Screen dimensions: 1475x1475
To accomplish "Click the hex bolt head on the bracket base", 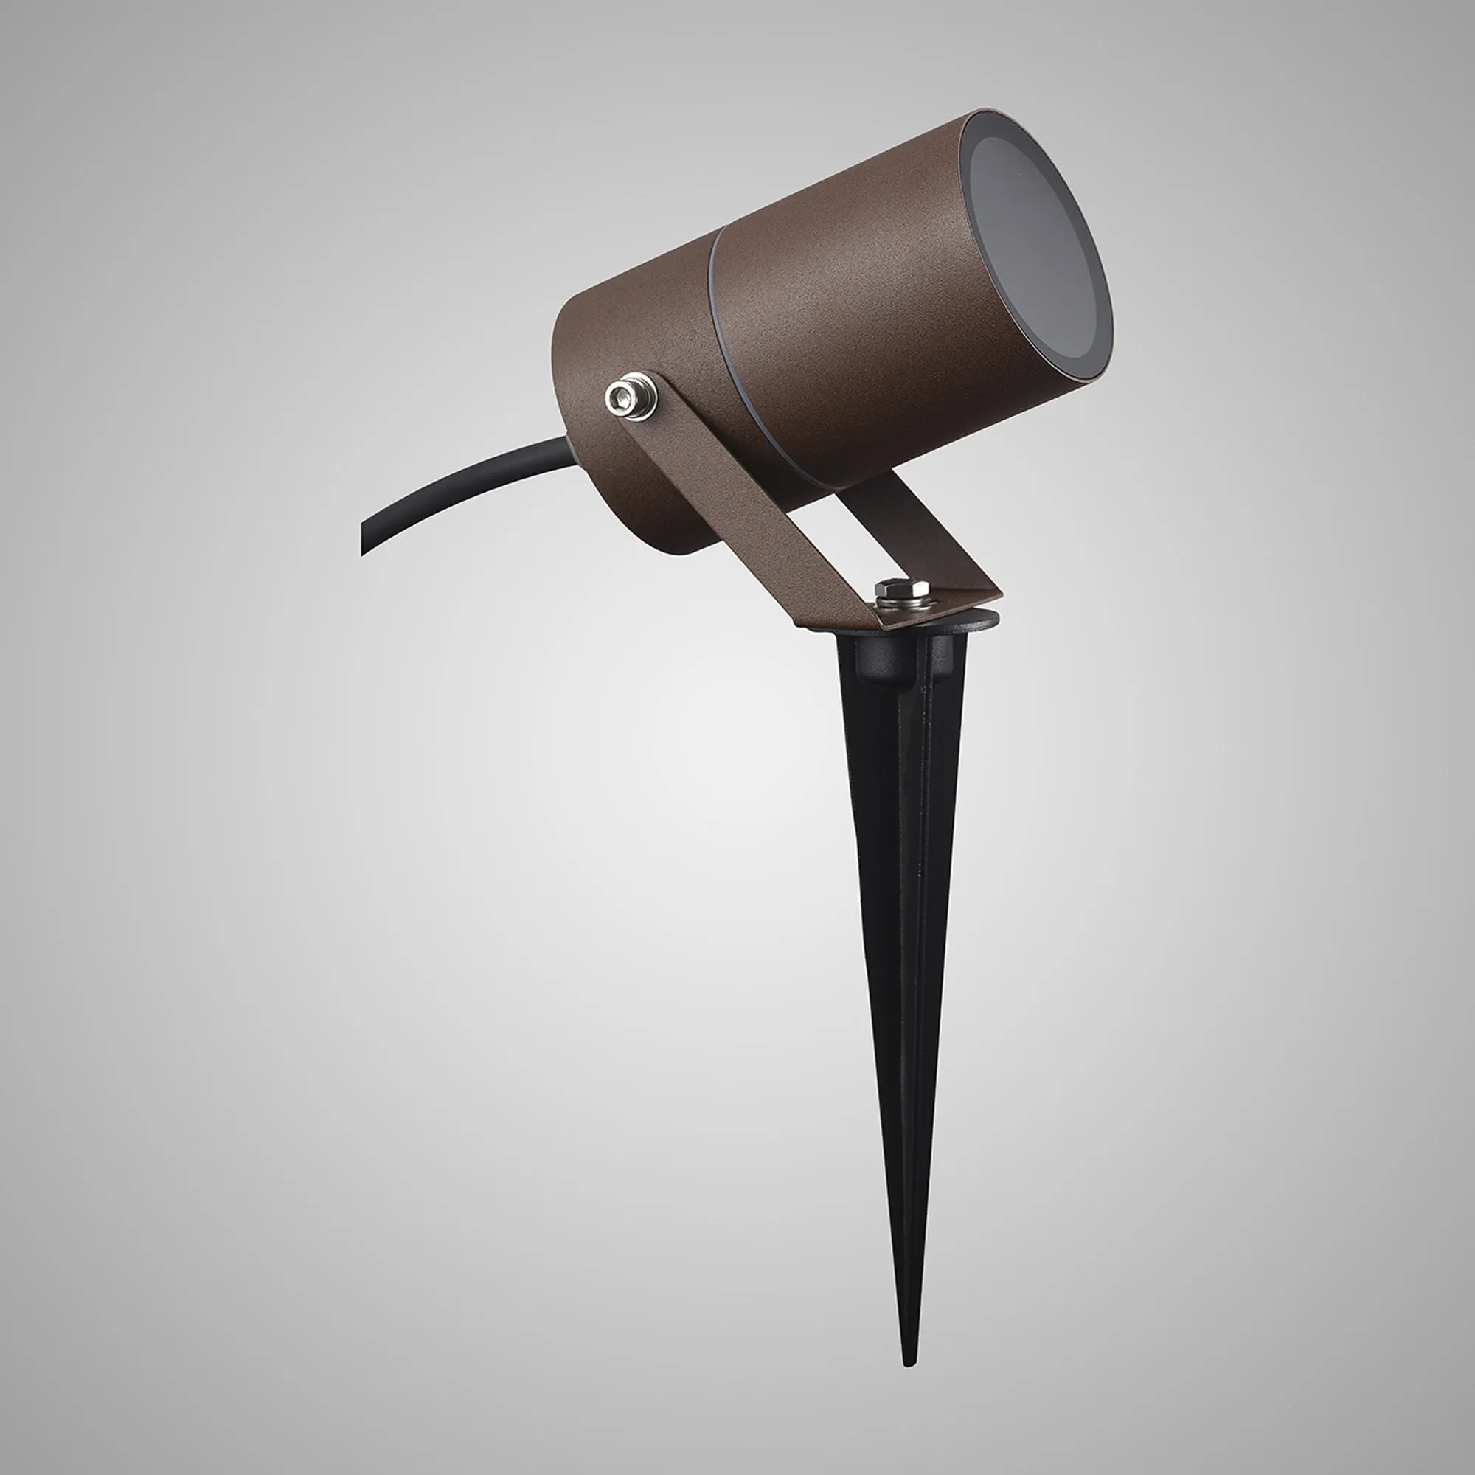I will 903,588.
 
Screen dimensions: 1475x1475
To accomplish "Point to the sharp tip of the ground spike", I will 908,1361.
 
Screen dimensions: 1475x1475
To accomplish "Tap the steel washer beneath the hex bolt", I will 903,603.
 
